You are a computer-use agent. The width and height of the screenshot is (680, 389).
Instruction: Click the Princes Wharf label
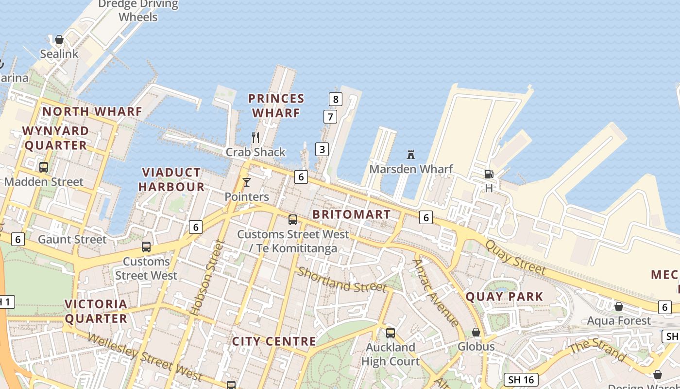(276, 106)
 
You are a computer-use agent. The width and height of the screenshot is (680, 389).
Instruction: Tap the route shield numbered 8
(335, 99)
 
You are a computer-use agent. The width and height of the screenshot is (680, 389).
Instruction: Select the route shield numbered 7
(330, 117)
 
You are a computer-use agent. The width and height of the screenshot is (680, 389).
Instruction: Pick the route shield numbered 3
(322, 149)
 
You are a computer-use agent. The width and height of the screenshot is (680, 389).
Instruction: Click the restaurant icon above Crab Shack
(255, 138)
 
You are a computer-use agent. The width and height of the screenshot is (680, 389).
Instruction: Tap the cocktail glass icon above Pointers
(247, 182)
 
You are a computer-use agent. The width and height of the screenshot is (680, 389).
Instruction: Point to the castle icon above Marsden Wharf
(411, 155)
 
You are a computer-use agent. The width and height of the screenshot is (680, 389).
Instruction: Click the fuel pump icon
(489, 174)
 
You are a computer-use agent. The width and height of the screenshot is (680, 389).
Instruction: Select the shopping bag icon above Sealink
(59, 39)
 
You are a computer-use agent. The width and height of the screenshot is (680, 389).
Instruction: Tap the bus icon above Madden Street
(44, 167)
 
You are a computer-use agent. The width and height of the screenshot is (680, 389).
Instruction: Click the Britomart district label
(352, 214)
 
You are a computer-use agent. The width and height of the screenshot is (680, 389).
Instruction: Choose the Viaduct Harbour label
(171, 179)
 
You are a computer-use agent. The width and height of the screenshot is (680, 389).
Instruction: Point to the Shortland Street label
(342, 280)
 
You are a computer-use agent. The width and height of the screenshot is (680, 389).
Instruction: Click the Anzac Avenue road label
(436, 293)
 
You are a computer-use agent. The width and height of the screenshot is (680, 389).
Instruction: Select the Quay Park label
(504, 296)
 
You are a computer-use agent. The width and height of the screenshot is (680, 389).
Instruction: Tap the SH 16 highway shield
(522, 380)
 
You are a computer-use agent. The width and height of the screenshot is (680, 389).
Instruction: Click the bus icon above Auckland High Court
(391, 333)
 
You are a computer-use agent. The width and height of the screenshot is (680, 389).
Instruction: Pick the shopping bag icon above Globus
(476, 332)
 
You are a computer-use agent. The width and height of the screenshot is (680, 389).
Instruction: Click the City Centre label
(274, 341)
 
